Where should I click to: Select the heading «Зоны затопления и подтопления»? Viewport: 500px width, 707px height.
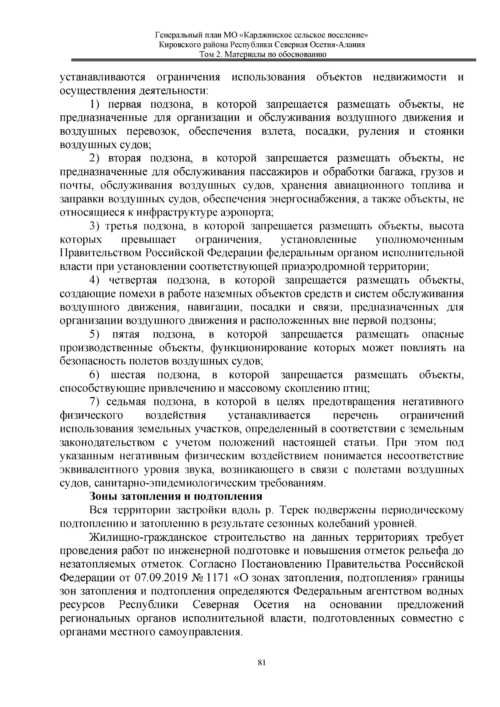(176, 497)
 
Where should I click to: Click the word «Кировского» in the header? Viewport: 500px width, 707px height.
(179, 45)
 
